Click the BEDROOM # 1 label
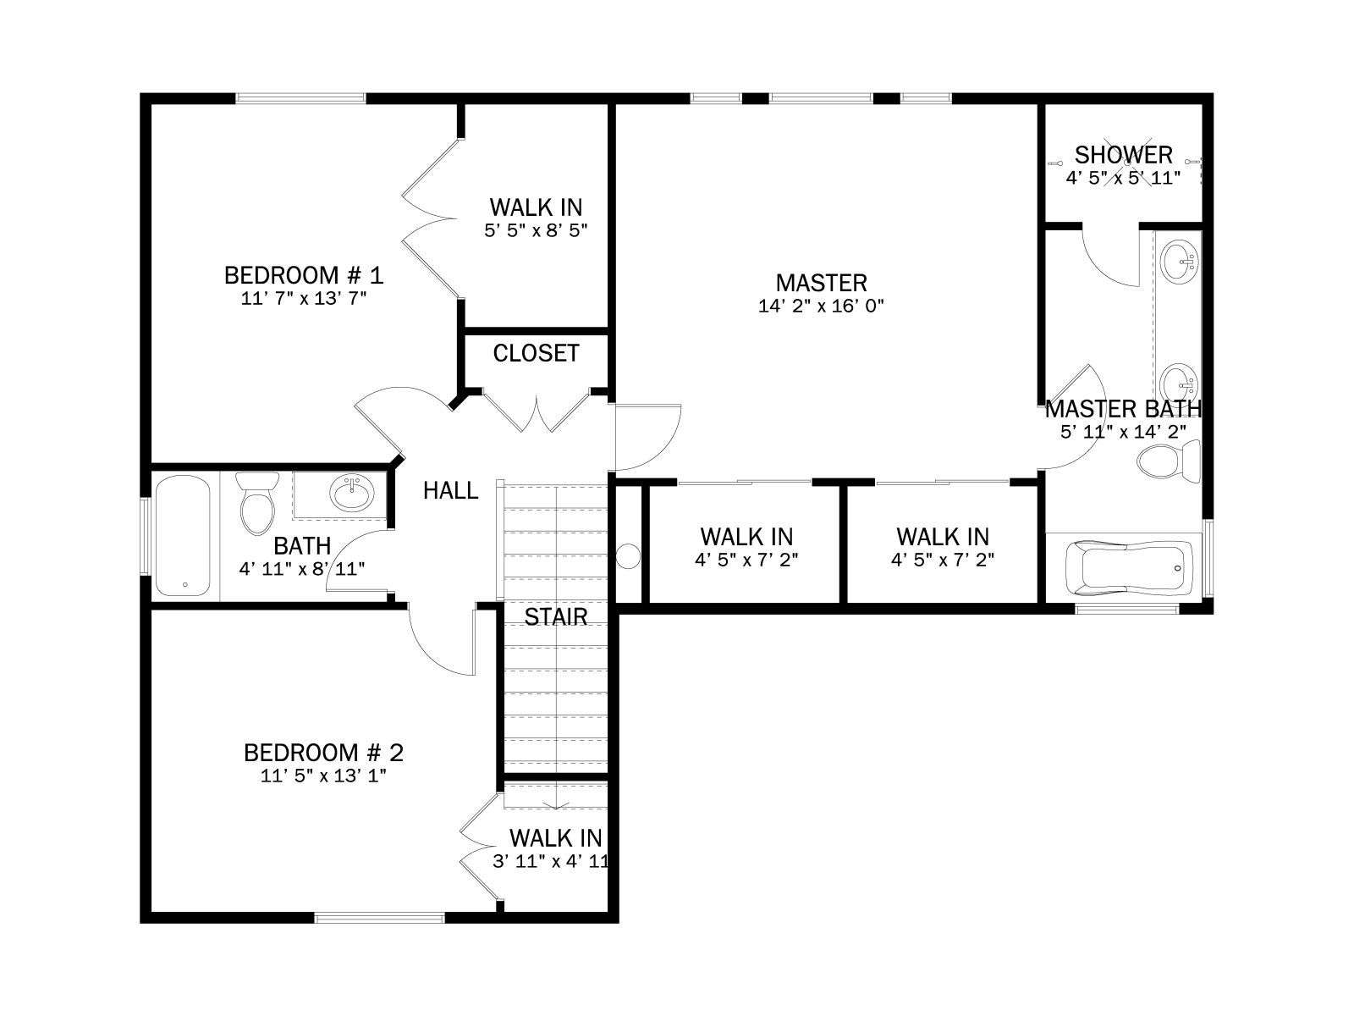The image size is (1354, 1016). (304, 275)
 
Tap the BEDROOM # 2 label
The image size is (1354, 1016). (323, 753)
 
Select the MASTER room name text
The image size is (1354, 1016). (821, 283)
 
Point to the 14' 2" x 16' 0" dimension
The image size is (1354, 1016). (821, 306)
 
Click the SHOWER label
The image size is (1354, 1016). (1123, 155)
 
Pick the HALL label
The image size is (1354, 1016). (450, 490)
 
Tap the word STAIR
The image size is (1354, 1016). (555, 616)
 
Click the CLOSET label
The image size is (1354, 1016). (536, 353)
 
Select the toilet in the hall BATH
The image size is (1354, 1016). (257, 504)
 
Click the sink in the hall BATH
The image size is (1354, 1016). (351, 494)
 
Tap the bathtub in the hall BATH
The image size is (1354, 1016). (183, 535)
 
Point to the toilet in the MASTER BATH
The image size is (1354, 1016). (1169, 461)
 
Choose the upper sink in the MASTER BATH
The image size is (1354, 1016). (1180, 262)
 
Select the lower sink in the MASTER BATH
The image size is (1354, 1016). (1180, 383)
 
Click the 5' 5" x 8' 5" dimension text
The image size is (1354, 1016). (536, 230)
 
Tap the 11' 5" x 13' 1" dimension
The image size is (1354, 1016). (323, 776)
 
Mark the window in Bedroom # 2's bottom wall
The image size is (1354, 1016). (379, 919)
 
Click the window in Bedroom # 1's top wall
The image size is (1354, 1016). (300, 98)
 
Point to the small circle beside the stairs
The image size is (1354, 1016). (628, 556)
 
